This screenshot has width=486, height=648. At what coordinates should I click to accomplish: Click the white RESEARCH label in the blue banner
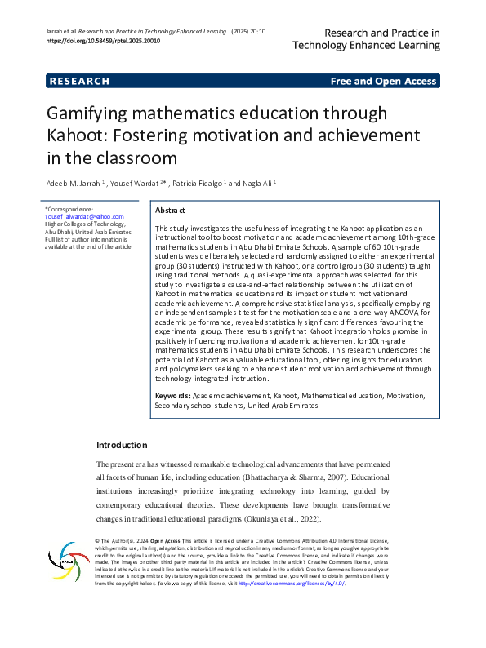79,81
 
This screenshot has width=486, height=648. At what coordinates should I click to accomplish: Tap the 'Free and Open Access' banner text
383,81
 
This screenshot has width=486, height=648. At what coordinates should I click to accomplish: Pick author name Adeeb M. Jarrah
74,184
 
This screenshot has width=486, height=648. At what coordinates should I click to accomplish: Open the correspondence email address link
84,217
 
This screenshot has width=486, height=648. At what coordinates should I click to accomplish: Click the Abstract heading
170,210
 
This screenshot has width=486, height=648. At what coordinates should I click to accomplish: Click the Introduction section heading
122,445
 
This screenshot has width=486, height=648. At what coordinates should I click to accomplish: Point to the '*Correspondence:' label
69,209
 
